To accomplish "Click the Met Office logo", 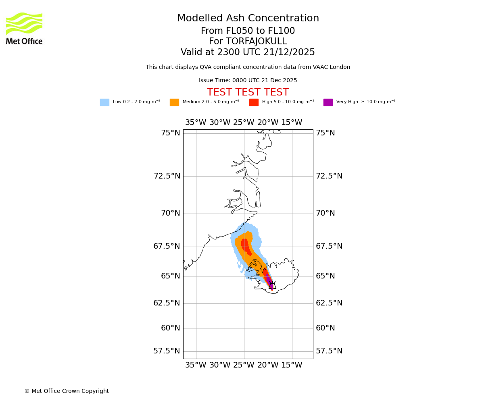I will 24,29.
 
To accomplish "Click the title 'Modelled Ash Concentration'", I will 248,19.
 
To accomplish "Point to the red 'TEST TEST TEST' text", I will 248,93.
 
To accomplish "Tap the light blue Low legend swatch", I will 104,102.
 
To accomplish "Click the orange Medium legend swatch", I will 174,102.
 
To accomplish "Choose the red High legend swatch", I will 254,102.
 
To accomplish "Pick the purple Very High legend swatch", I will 328,102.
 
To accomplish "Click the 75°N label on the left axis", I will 171,133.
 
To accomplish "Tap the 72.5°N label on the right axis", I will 329,176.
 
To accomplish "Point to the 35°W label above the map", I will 196,123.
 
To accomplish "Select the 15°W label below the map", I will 292,365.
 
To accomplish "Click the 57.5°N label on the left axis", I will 167,351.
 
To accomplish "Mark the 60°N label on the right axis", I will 325,328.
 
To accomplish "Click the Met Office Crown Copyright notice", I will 67,391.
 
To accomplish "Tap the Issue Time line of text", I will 248,81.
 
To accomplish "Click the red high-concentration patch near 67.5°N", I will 246,246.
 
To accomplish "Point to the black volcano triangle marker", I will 272,286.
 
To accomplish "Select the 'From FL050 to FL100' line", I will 248,31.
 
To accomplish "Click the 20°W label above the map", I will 268,123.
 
